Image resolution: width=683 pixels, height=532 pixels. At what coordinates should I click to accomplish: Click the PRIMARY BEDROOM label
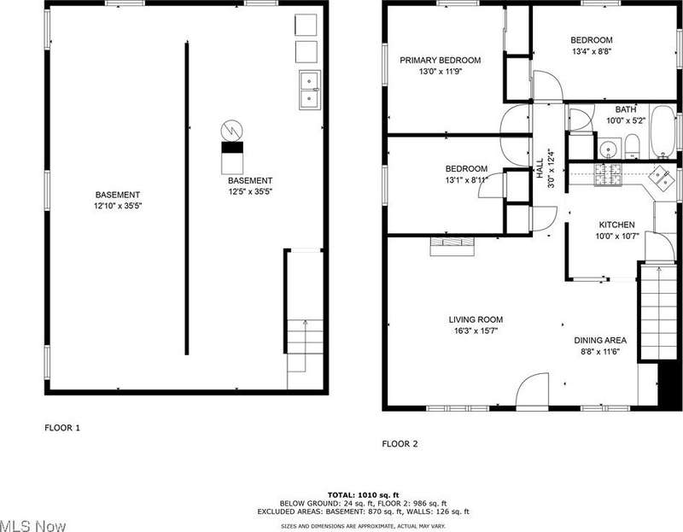click(x=440, y=60)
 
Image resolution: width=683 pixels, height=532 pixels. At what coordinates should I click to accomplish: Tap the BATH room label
click(x=626, y=109)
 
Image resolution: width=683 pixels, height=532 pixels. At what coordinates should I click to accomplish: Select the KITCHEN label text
click(x=616, y=225)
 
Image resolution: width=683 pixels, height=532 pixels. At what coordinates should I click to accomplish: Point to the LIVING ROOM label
click(x=476, y=320)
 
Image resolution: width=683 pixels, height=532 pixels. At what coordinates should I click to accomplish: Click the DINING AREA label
click(x=600, y=340)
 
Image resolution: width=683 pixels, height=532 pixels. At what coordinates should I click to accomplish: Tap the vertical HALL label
click(x=540, y=168)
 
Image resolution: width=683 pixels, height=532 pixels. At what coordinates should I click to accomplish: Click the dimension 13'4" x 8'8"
click(x=592, y=51)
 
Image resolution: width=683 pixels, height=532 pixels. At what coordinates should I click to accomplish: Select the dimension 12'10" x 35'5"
click(x=118, y=206)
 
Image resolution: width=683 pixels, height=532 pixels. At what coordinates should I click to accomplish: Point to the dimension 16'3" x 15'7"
click(x=476, y=331)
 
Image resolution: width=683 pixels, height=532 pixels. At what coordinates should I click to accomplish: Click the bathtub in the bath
click(x=663, y=132)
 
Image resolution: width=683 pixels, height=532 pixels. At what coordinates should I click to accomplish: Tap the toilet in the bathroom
click(x=632, y=146)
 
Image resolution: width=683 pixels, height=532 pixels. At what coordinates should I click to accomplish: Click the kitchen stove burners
click(x=608, y=174)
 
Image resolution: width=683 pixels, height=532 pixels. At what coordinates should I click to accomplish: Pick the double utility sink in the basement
click(x=310, y=90)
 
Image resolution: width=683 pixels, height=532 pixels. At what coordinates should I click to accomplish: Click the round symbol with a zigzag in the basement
click(x=231, y=131)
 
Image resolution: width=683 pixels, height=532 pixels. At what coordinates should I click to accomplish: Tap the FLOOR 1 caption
click(x=62, y=428)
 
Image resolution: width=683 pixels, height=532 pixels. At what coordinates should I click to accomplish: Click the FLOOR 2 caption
click(x=400, y=444)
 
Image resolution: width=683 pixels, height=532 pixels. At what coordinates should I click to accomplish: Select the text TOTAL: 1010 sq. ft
click(x=364, y=495)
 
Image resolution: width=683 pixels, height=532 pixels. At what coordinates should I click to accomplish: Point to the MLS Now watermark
click(x=33, y=526)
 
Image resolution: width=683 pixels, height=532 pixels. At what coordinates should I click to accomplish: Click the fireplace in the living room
click(x=452, y=246)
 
